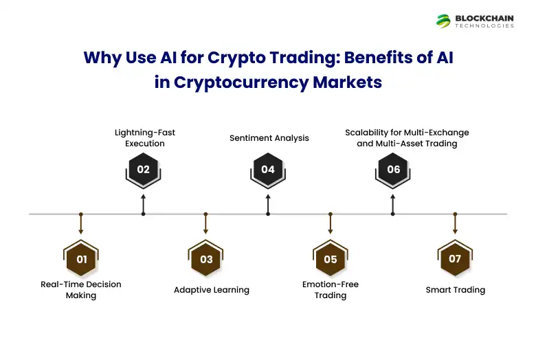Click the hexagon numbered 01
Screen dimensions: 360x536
point(81,259)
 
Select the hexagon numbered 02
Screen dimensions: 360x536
point(143,170)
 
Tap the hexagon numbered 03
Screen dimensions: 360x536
point(206,259)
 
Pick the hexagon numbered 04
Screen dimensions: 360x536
point(268,170)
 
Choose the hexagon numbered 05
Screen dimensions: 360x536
point(331,259)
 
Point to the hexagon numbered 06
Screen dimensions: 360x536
point(393,170)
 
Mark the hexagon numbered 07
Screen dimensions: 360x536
point(455,258)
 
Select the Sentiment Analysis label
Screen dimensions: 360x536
point(269,138)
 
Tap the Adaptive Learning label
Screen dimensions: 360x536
point(212,290)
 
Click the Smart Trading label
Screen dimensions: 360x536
point(456,290)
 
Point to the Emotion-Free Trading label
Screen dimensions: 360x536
point(331,290)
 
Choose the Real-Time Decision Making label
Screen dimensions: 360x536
point(81,290)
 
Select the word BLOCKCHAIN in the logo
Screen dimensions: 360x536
point(484,18)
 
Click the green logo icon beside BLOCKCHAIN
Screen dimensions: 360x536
point(443,21)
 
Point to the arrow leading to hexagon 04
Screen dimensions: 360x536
point(268,204)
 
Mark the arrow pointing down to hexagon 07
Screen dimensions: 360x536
point(455,224)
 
